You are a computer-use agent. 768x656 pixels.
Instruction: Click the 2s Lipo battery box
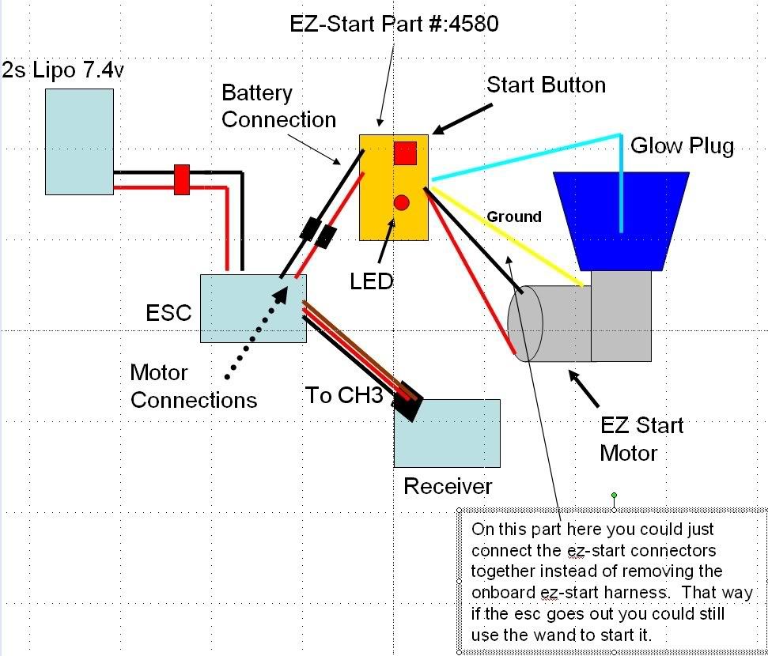pyautogui.click(x=79, y=141)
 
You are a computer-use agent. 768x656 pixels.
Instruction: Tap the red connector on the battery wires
pyautogui.click(x=182, y=179)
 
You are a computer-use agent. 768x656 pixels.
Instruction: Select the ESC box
pyautogui.click(x=253, y=308)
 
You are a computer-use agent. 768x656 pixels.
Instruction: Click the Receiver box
pyautogui.click(x=447, y=433)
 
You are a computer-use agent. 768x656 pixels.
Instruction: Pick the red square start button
pyautogui.click(x=405, y=153)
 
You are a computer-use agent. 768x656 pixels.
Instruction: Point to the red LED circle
pyautogui.click(x=402, y=202)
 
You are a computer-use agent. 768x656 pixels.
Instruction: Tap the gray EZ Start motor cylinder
pyautogui.click(x=554, y=322)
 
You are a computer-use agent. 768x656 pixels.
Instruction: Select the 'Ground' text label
pyautogui.click(x=514, y=217)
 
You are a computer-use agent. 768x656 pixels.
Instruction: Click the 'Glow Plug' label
pyautogui.click(x=682, y=146)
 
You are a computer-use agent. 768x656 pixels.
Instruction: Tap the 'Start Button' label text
pyautogui.click(x=546, y=85)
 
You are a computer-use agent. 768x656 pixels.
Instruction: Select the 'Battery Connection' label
pyautogui.click(x=278, y=107)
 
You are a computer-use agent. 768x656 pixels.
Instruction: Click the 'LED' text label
pyautogui.click(x=372, y=281)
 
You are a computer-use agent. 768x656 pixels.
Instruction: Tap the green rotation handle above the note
pyautogui.click(x=614, y=496)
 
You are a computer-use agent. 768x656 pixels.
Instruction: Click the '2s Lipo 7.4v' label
pyautogui.click(x=63, y=71)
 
